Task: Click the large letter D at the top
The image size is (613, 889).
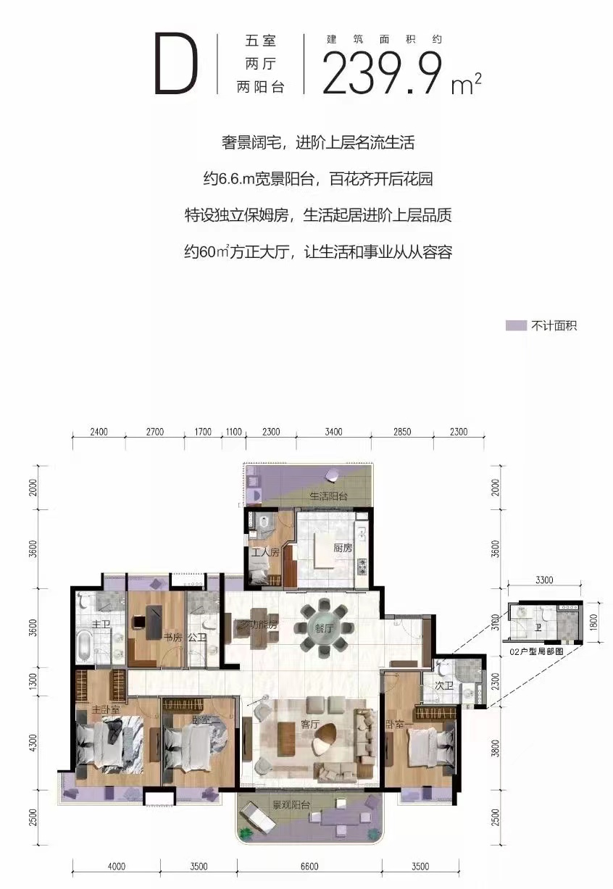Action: click(176, 64)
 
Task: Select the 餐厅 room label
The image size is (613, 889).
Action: click(323, 628)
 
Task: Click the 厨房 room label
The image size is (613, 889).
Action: click(343, 548)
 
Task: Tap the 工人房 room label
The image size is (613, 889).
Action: click(265, 552)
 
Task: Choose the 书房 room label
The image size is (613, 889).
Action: click(172, 638)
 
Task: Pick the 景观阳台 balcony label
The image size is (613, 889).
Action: click(291, 804)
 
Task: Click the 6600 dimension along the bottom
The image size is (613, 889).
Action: click(309, 867)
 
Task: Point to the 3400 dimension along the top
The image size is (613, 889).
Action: click(333, 432)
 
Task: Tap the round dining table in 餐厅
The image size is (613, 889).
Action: click(323, 627)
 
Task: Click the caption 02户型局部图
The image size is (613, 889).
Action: click(536, 651)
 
